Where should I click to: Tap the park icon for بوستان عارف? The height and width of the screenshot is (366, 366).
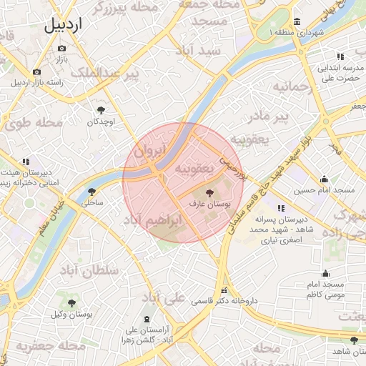click(x=209, y=193)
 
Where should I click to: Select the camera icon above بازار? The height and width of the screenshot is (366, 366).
click(x=61, y=48)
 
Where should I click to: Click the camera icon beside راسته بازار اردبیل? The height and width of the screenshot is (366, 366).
click(x=36, y=71)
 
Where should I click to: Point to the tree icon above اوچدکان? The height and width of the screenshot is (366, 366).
click(x=101, y=110)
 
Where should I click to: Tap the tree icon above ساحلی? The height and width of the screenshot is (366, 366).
click(x=91, y=191)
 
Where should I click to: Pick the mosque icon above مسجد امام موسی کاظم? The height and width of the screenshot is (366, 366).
click(x=325, y=273)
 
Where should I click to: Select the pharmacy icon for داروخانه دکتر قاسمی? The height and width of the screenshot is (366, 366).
click(x=224, y=291)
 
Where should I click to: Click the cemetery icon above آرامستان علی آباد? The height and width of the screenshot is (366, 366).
click(x=147, y=318)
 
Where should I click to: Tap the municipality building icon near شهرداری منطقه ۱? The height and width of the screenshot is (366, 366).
click(x=296, y=21)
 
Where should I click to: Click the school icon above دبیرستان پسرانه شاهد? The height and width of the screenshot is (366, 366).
click(x=280, y=208)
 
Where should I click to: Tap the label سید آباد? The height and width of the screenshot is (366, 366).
click(x=203, y=51)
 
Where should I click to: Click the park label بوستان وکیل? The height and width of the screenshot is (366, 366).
click(x=65, y=315)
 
